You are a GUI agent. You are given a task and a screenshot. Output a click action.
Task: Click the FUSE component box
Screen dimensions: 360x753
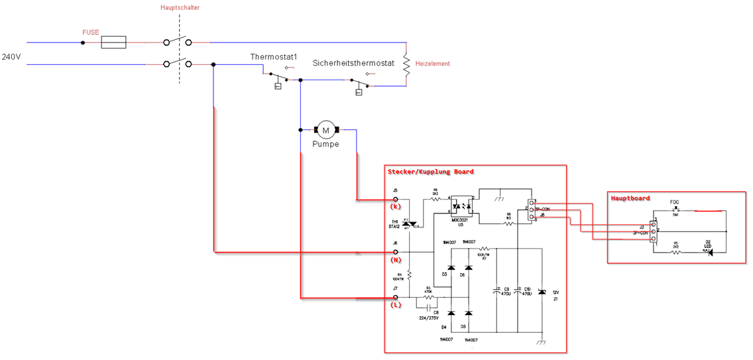(113, 42)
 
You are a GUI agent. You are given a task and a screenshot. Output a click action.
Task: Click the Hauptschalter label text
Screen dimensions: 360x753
(180, 8)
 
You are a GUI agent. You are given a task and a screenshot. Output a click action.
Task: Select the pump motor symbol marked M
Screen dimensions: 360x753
(325, 129)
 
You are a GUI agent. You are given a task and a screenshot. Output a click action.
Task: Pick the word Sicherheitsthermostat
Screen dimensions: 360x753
(353, 63)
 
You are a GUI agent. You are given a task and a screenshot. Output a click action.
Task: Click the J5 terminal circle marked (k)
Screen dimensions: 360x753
(396, 199)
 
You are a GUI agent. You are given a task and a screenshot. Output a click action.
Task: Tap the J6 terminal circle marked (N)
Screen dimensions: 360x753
(396, 252)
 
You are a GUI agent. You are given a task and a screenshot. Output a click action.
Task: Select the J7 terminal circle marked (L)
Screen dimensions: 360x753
(396, 298)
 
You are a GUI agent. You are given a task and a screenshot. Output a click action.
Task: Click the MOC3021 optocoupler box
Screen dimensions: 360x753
(461, 206)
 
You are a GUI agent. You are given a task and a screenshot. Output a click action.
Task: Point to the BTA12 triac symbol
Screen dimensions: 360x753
(410, 224)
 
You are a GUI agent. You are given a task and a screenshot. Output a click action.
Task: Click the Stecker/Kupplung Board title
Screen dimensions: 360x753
(430, 172)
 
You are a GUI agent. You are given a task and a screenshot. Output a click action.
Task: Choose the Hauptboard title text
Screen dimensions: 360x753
(631, 198)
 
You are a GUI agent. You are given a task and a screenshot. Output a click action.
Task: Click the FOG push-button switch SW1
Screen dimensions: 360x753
(675, 209)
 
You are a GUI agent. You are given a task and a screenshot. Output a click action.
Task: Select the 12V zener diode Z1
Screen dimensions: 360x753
(542, 292)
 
